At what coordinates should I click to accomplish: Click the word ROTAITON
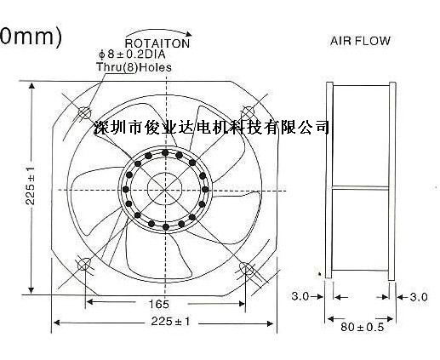tap(157, 43)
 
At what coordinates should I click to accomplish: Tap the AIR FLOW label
tap(360, 41)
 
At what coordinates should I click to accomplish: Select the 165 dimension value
tap(159, 304)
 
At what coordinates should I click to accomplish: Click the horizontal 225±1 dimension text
tap(170, 322)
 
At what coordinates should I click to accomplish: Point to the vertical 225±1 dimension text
tap(30, 186)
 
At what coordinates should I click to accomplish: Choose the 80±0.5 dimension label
tap(362, 327)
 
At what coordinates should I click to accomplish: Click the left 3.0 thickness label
tap(300, 296)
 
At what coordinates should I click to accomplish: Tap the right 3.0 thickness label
tap(419, 297)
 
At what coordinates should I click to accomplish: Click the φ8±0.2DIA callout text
tap(132, 54)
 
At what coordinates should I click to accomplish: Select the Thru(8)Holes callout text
tap(134, 67)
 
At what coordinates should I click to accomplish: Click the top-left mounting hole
tap(84, 112)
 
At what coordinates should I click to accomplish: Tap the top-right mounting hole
tap(248, 112)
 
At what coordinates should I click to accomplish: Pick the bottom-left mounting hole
tap(84, 264)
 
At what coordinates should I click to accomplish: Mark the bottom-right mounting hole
tap(246, 268)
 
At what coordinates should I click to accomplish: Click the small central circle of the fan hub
tap(165, 189)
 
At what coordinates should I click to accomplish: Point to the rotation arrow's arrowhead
tap(188, 34)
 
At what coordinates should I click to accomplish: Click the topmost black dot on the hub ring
tap(165, 153)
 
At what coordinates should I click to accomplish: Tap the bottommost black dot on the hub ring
tap(166, 226)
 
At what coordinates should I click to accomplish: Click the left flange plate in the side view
tap(329, 180)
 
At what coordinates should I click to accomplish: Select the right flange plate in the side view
tap(391, 181)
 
